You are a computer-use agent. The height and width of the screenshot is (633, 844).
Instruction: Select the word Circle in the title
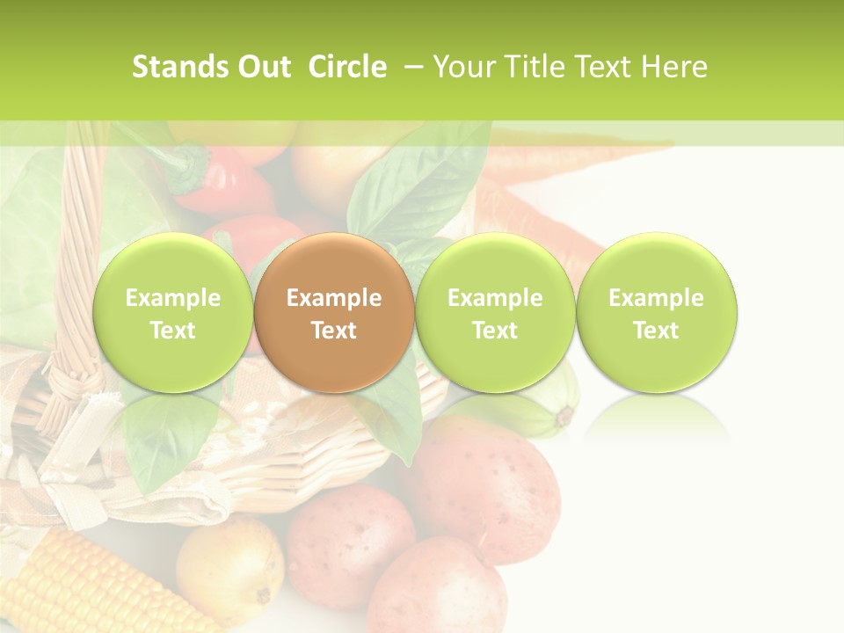pos(347,67)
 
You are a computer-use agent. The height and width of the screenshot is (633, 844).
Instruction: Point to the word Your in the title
pos(462,67)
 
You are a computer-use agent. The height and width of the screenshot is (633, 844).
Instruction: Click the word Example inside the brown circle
pos(334,298)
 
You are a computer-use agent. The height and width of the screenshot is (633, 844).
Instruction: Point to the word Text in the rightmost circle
pos(656,331)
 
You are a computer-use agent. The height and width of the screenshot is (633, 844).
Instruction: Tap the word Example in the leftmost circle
pos(172,298)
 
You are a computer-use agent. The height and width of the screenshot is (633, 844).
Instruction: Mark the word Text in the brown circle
pos(334,331)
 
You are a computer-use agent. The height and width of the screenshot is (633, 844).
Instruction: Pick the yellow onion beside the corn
pos(230,563)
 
